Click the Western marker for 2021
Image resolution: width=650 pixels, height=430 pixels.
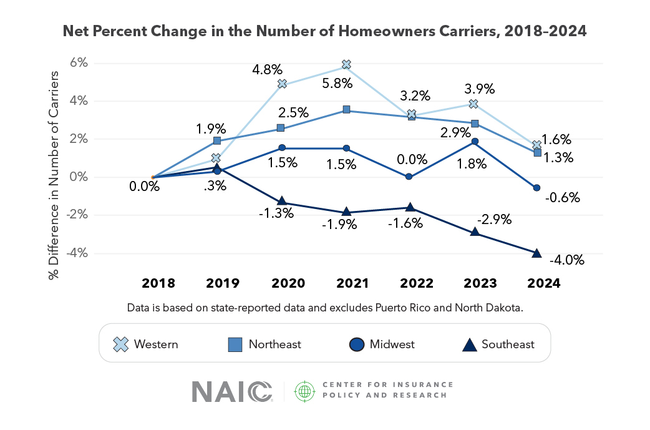(347, 64)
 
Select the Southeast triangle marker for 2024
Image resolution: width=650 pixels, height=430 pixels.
(536, 253)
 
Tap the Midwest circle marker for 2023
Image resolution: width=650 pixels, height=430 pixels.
(475, 142)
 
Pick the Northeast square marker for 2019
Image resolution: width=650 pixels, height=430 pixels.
(217, 141)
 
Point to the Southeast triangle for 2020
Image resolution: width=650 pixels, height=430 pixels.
(282, 201)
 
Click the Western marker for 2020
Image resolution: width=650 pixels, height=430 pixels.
(282, 84)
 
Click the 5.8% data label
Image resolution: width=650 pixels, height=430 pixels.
(337, 84)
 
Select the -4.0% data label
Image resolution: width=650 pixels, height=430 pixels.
(566, 260)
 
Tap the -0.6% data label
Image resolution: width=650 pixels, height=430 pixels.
(563, 197)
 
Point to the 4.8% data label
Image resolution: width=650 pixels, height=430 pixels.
(268, 69)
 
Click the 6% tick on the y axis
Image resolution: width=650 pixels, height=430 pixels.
(79, 62)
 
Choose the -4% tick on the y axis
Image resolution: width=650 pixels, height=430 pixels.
(77, 253)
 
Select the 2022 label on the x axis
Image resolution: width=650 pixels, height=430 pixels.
(417, 283)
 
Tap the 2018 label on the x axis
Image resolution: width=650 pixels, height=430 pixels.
(158, 283)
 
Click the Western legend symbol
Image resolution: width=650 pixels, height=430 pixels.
(120, 344)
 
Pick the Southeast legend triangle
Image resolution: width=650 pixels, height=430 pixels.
(470, 344)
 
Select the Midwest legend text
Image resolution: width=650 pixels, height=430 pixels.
(392, 344)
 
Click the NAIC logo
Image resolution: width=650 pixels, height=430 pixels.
(232, 392)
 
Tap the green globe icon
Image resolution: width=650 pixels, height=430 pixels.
(304, 391)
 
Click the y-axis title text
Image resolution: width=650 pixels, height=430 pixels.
(54, 175)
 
